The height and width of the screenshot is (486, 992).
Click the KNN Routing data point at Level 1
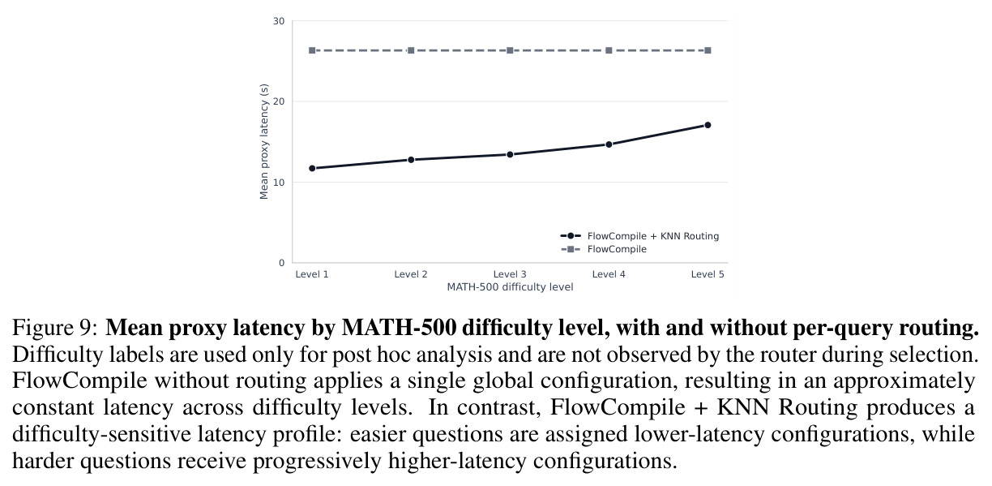point(312,168)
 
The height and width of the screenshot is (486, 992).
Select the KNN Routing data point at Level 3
point(510,154)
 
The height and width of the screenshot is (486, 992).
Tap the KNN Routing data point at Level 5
point(708,125)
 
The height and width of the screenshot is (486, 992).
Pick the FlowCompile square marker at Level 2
point(411,50)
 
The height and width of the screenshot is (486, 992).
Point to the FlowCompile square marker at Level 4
point(609,50)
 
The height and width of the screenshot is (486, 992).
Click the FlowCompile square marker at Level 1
point(312,50)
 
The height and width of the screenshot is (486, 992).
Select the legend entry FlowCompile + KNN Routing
point(639,236)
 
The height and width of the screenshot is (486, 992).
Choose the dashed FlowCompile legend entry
point(603,249)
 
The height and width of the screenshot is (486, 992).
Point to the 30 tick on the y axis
point(279,21)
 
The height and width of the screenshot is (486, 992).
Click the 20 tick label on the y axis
point(279,101)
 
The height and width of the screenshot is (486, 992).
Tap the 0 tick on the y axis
point(282,263)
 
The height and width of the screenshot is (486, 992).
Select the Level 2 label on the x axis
point(411,274)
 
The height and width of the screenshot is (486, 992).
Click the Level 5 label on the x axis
point(708,274)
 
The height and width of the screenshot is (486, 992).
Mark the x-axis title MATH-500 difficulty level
point(510,287)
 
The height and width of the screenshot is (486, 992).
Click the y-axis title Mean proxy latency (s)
point(263,141)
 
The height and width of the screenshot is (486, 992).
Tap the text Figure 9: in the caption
point(54,328)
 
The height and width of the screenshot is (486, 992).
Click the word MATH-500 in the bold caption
point(399,328)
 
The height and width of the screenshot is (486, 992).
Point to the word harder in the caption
point(46,461)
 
